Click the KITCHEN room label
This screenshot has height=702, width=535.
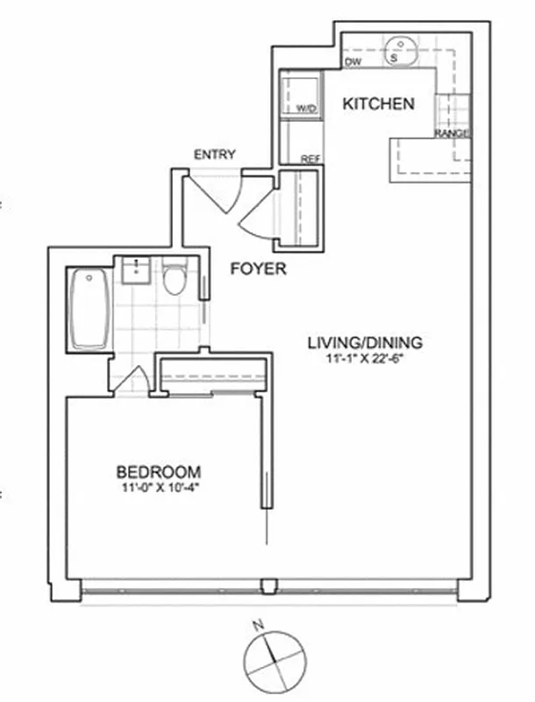pos(378,104)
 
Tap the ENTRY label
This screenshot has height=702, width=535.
pos(215,154)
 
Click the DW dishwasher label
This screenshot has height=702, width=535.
pos(353,62)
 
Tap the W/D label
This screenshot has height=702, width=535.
pos(306,108)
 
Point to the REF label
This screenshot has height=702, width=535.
pos(310,159)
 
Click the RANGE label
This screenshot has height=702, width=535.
pos(451,133)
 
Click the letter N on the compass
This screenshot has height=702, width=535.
pos(257,626)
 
